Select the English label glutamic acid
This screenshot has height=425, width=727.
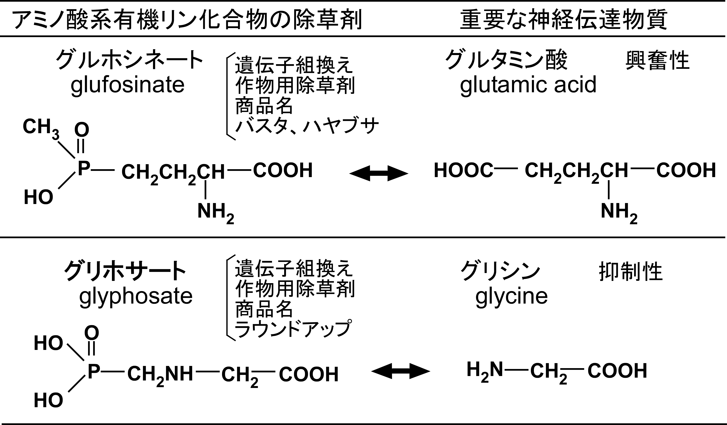tap(528, 85)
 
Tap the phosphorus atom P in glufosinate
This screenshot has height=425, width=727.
tap(83, 169)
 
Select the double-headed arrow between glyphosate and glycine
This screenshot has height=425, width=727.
tap(400, 371)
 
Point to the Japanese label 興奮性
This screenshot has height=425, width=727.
tap(657, 61)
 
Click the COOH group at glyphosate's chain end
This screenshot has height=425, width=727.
tap(308, 375)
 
